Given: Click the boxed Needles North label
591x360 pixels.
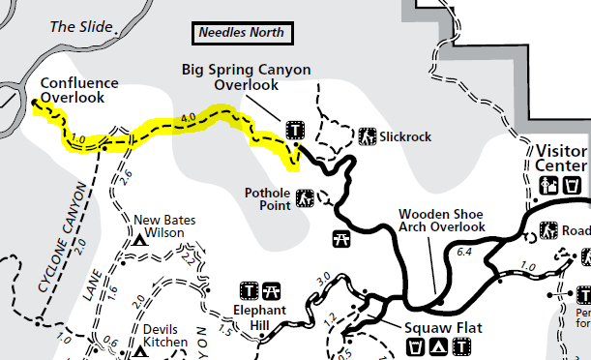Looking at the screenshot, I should (x=242, y=33).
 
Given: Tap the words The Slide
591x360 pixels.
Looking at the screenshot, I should (x=74, y=26).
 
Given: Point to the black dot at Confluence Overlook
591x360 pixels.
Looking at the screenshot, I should (x=34, y=102).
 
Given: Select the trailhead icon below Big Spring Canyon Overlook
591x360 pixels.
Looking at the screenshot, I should (x=294, y=130).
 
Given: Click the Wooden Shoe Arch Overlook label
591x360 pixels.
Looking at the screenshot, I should (x=443, y=220).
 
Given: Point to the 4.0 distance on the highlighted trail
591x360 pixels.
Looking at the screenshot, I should (x=188, y=118).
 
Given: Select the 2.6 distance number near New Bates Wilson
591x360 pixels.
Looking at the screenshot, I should (x=123, y=174).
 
